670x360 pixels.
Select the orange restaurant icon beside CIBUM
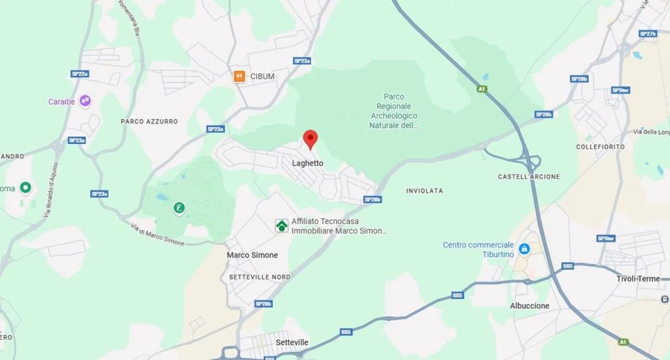point(239,77)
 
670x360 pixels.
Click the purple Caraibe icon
point(85,101)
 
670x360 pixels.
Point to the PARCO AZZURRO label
point(149,122)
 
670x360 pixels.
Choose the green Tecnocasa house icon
point(281,226)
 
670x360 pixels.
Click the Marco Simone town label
point(252,255)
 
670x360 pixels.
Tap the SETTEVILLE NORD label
point(260,278)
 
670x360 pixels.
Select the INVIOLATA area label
point(424,191)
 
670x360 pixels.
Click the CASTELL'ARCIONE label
point(529,177)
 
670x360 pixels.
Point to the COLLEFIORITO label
point(600,147)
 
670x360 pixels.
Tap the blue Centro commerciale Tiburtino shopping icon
point(524,249)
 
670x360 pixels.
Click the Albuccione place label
point(529,306)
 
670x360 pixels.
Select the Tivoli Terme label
point(638,279)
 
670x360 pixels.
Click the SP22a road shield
point(80,74)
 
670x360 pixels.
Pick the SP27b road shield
point(648,33)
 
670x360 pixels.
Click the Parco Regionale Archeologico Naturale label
point(394,111)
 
